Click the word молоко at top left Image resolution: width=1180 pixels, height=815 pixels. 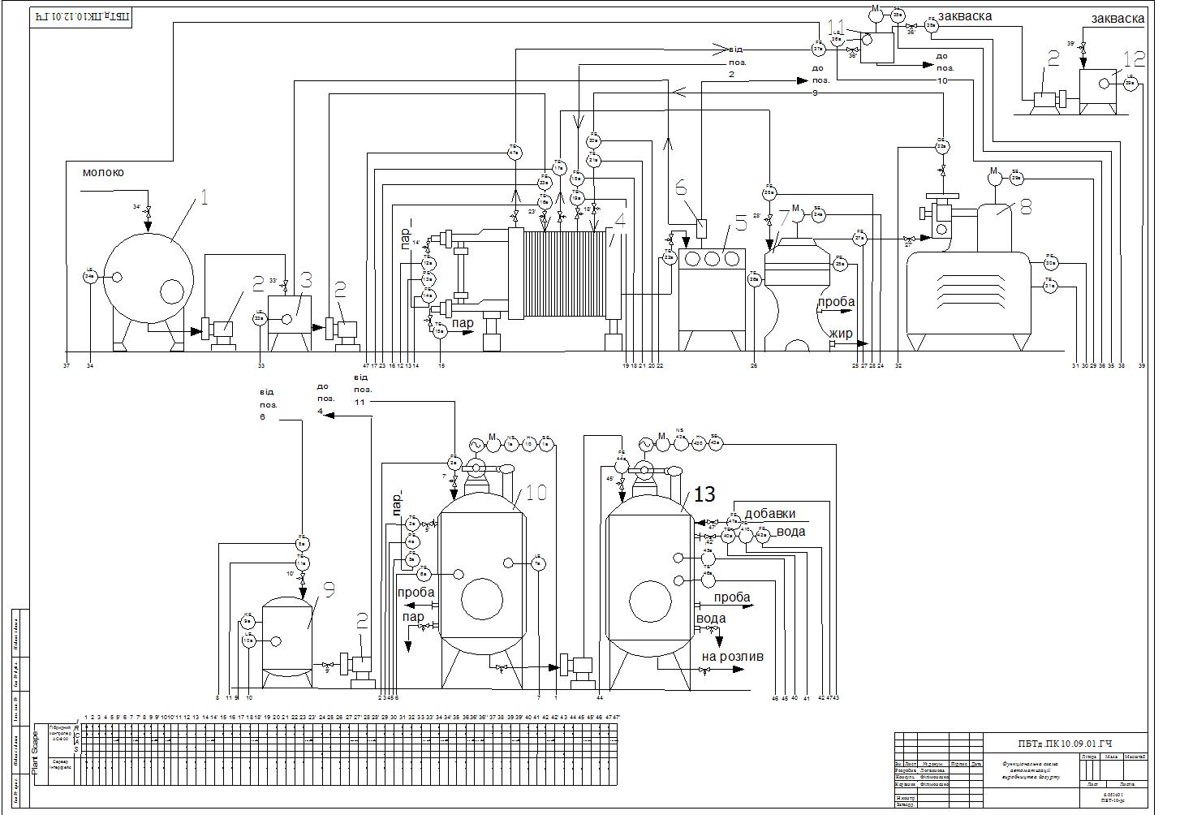click(103, 173)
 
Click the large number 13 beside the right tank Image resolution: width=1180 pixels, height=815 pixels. click(705, 495)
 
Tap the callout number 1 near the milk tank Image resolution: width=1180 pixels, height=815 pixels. click(205, 198)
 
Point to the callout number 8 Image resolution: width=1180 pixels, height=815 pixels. click(1025, 207)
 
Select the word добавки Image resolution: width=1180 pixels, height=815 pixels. click(769, 514)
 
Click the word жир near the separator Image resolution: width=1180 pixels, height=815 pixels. click(840, 334)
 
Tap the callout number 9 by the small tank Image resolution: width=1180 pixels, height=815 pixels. click(329, 590)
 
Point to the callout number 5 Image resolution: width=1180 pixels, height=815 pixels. click(739, 222)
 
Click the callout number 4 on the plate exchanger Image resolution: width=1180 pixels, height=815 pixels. click(620, 219)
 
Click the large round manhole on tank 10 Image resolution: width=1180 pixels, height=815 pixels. click(481, 600)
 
